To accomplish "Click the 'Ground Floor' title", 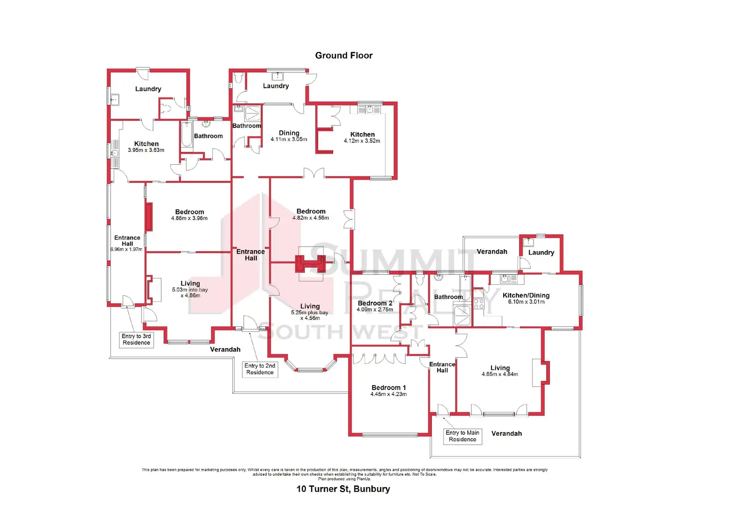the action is click(x=344, y=56).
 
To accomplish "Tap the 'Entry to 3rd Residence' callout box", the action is click(x=136, y=340).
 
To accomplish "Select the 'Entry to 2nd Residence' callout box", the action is click(x=260, y=369).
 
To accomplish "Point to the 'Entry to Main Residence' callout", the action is click(x=462, y=436).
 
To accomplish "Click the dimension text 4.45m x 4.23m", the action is click(x=388, y=394).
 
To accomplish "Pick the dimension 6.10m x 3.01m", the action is click(x=526, y=302).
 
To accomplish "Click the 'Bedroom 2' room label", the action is click(x=375, y=303).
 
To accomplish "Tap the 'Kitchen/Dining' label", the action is click(x=526, y=295).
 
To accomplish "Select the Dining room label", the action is click(x=289, y=133).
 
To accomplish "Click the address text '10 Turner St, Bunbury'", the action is click(x=343, y=489).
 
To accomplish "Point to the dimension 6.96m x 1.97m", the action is click(x=127, y=250).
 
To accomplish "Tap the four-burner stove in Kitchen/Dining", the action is click(x=478, y=304).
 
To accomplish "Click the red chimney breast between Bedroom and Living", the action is click(x=311, y=264).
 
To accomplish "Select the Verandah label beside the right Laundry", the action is click(x=492, y=252).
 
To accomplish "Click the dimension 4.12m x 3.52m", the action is click(x=362, y=141).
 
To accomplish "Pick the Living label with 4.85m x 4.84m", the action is click(x=500, y=368).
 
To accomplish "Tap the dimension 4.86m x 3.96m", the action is click(x=189, y=218).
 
